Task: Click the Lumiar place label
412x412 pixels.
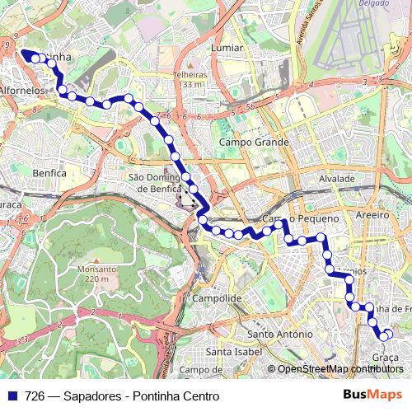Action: click(227, 48)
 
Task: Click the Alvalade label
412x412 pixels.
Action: click(336, 178)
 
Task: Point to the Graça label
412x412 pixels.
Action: click(386, 357)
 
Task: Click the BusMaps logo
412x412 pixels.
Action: click(372, 395)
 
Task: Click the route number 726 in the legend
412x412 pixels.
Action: click(35, 396)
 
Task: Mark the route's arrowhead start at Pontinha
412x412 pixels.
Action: click(25, 54)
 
